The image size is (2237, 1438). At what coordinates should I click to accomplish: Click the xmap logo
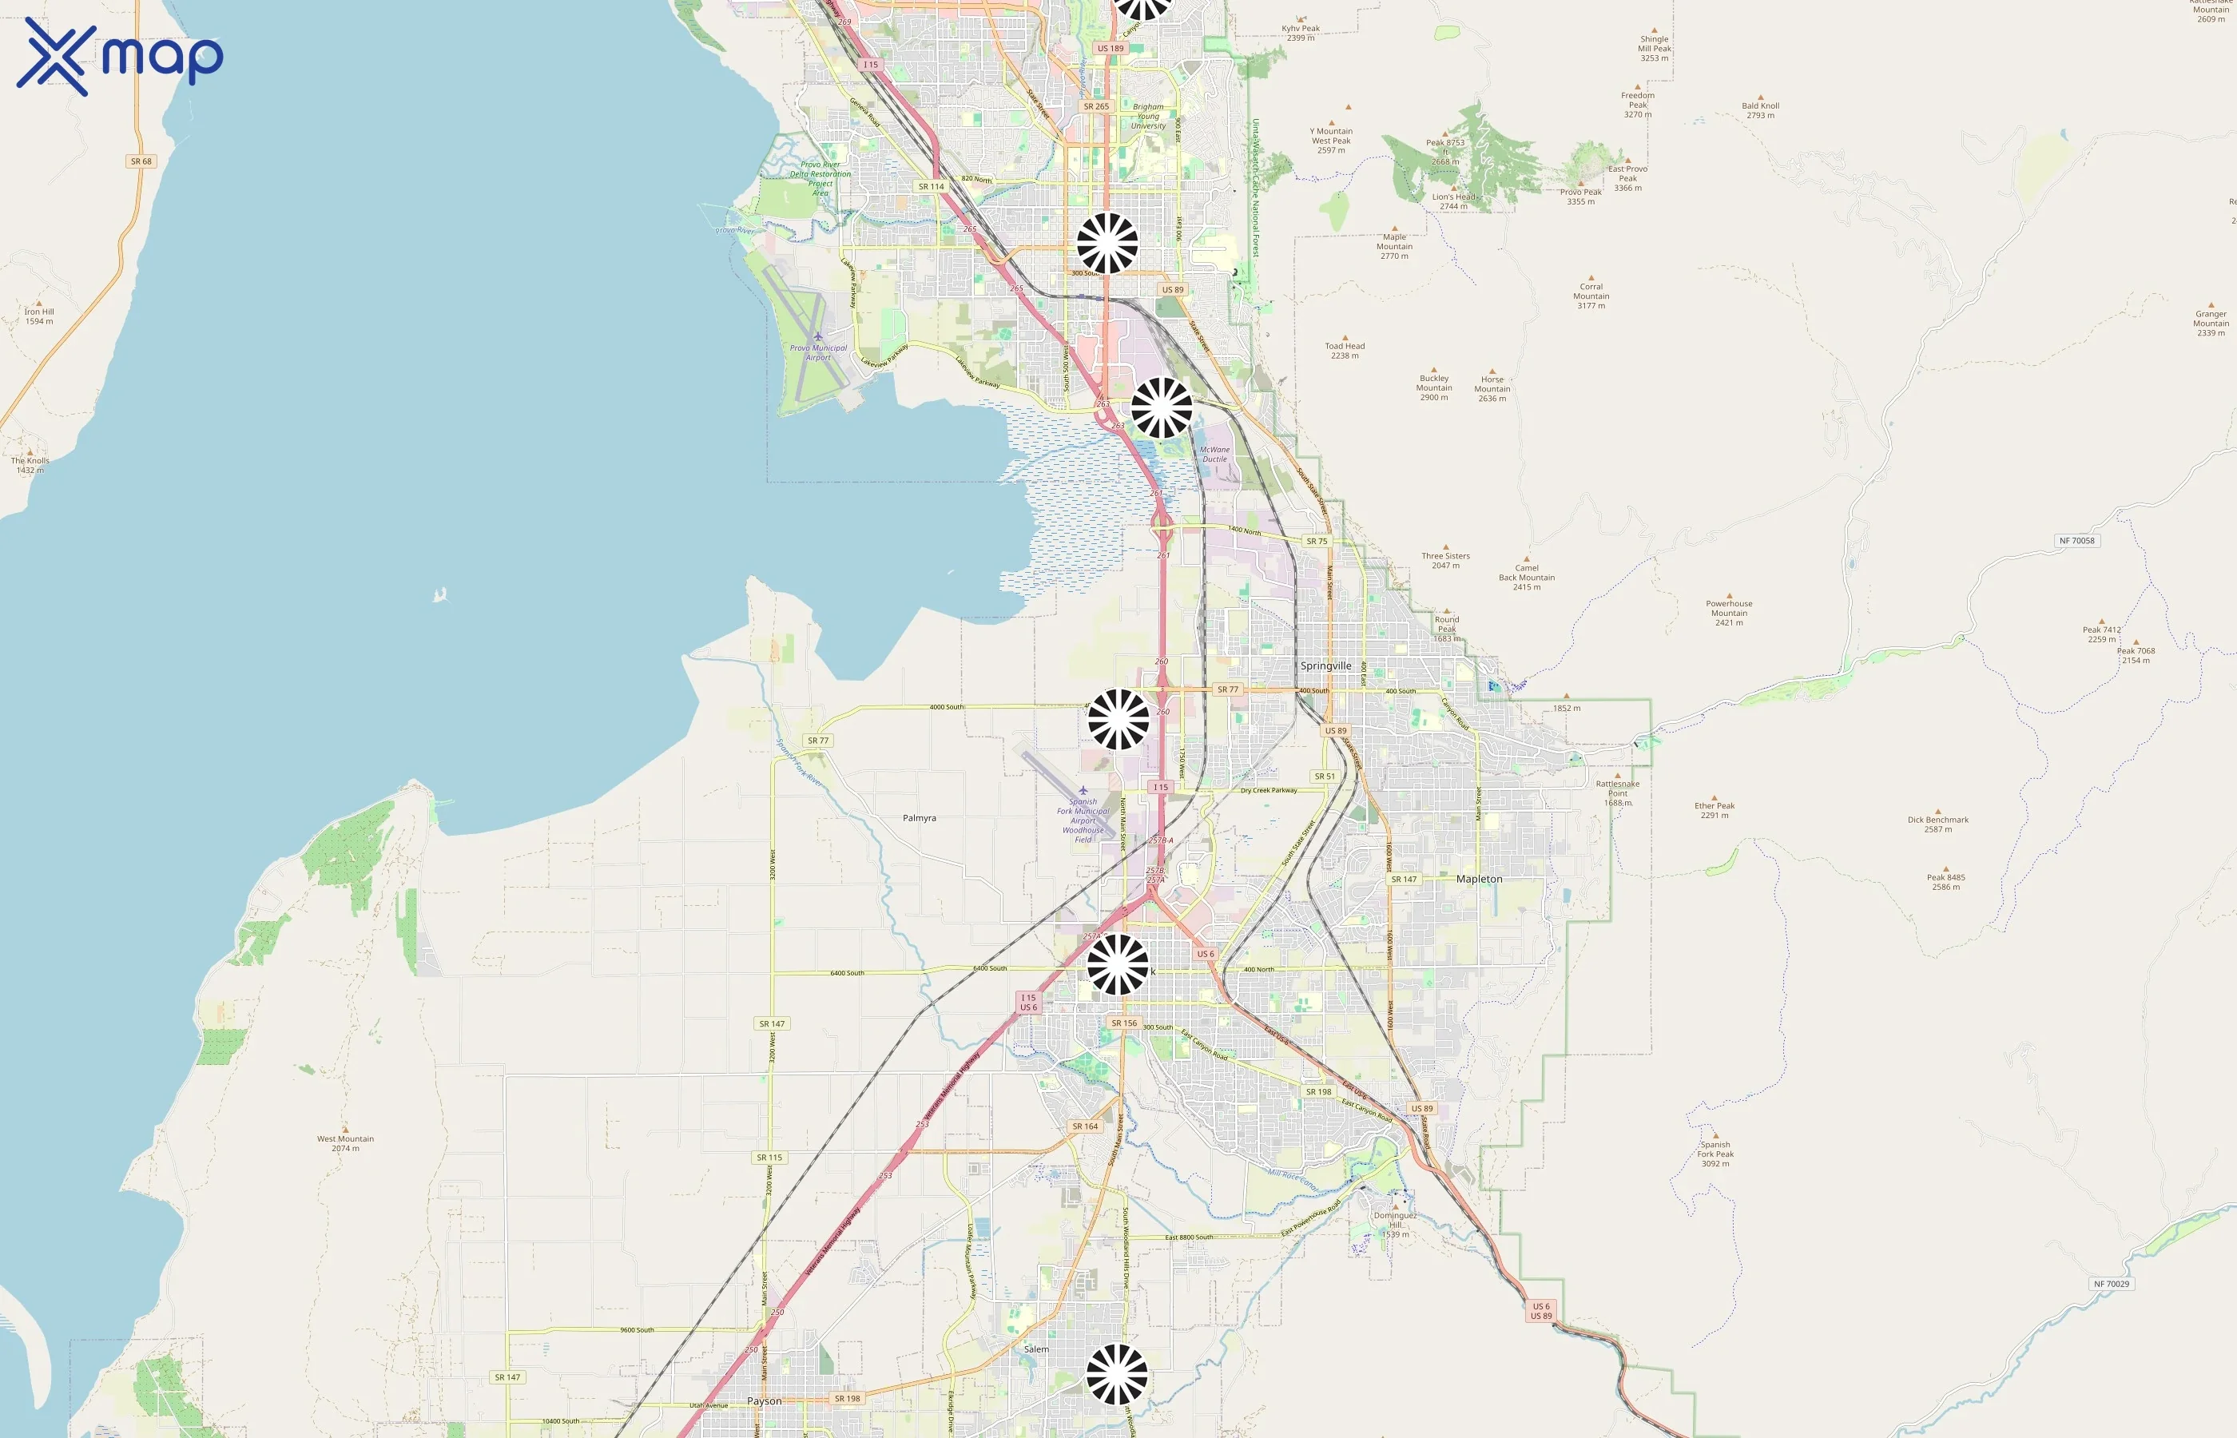pos(120,56)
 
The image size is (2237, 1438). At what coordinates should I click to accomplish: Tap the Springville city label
pos(1325,665)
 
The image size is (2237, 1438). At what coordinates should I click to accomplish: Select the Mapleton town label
pos(1479,879)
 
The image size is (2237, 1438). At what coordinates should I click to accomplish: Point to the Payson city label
pos(764,1400)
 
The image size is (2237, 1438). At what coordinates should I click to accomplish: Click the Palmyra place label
pos(919,818)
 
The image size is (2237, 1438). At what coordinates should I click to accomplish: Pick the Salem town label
pos(1035,1349)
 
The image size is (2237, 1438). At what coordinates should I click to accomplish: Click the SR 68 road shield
pos(141,161)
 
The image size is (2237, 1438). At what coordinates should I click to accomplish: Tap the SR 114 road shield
pos(931,187)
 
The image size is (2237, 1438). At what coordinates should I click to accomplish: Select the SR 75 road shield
pos(1317,542)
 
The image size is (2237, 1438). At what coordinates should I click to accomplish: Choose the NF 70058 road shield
pos(2076,541)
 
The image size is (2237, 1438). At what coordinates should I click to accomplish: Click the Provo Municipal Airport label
pos(818,352)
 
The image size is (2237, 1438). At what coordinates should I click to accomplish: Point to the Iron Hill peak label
pos(39,316)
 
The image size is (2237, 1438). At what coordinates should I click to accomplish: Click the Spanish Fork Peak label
pos(1715,1154)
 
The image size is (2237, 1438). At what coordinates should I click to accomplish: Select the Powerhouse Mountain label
pos(1728,612)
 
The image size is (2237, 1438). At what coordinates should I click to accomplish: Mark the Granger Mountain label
pos(2210,322)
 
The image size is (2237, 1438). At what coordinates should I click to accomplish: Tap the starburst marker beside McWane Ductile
pos(1162,408)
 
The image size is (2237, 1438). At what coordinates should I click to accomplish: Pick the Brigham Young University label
pos(1147,116)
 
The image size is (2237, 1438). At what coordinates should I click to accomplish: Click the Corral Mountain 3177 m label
pos(1591,295)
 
